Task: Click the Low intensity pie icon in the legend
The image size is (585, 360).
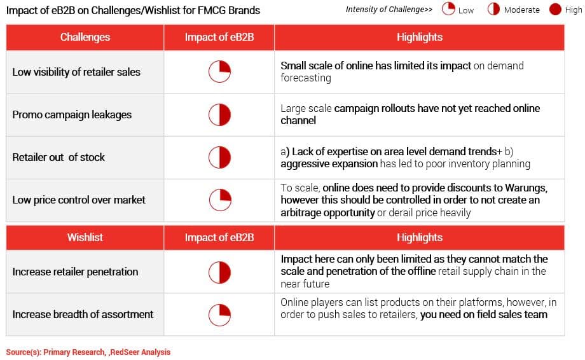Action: pos(448,9)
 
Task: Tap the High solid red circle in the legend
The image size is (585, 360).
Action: pos(555,10)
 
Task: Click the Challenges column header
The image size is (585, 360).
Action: pos(85,37)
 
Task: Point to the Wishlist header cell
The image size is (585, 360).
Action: pos(85,237)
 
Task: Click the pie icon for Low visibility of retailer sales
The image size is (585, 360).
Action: pos(219,72)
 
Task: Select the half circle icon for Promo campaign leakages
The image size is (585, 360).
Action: pos(219,114)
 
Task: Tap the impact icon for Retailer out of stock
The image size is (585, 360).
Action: pos(219,158)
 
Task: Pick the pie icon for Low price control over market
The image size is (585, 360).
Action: pos(220,200)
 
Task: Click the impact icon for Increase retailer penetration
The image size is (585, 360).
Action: pos(219,272)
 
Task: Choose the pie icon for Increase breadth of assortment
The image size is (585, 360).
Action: pos(219,315)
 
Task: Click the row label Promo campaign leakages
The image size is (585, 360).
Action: pos(72,115)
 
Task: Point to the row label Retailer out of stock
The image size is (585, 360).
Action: pos(59,158)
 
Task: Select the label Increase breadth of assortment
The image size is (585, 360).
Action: pos(83,314)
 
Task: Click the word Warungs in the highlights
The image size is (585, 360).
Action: pos(526,188)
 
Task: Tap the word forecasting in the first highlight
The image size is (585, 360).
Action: pos(306,78)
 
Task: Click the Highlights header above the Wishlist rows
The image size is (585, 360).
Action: pos(420,237)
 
